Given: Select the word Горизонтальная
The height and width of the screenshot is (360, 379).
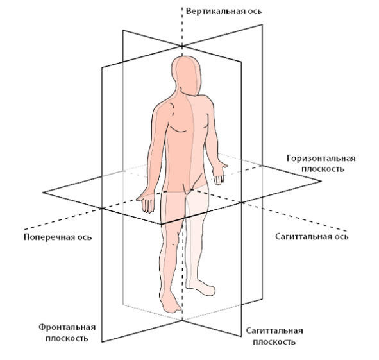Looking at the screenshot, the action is click(x=321, y=159).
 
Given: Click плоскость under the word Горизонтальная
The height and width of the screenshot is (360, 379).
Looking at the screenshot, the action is click(x=323, y=169).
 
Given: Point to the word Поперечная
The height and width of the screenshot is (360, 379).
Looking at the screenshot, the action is click(x=49, y=237).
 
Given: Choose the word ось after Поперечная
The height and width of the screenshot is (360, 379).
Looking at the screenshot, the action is click(x=85, y=237).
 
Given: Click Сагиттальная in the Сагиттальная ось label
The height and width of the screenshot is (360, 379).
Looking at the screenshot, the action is click(x=303, y=236).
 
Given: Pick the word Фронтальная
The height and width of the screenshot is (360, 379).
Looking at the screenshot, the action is click(x=67, y=327).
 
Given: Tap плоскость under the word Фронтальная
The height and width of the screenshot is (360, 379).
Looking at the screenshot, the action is click(x=67, y=338).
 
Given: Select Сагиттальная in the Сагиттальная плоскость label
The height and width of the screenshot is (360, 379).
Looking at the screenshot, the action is click(x=274, y=330).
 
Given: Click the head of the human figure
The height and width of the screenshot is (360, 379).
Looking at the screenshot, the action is click(x=187, y=76).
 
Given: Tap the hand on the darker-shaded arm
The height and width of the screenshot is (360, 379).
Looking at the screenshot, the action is click(x=146, y=202).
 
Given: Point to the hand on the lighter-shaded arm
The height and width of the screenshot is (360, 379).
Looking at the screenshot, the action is click(x=220, y=173).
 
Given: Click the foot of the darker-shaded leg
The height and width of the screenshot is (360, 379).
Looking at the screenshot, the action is click(x=171, y=303).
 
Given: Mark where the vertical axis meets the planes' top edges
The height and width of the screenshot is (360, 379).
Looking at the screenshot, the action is click(x=182, y=46).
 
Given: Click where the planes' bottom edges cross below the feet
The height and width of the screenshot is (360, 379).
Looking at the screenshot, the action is click(x=182, y=321).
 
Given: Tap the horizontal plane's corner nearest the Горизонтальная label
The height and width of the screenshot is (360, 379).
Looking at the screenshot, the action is click(x=321, y=181).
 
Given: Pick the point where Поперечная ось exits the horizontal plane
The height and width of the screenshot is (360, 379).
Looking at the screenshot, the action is click(x=101, y=209).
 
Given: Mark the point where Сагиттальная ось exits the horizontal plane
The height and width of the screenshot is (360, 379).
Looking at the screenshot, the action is click(x=241, y=202).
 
